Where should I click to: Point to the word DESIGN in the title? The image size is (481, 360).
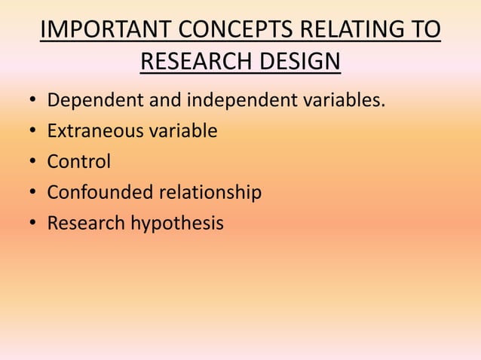(x=299, y=61)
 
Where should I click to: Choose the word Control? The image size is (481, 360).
(x=78, y=162)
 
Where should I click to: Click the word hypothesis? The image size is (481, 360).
(x=178, y=224)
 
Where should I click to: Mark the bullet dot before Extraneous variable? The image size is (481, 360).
(x=32, y=132)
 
